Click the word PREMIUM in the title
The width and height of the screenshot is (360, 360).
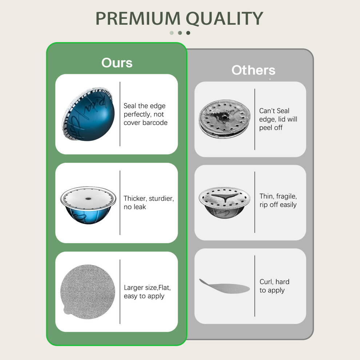click(x=138, y=19)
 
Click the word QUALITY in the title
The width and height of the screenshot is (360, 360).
click(x=224, y=19)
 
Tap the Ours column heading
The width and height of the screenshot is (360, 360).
click(x=117, y=63)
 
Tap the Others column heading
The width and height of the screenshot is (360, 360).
click(x=253, y=70)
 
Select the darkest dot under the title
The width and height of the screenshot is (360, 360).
click(x=188, y=33)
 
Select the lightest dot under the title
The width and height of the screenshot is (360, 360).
click(x=172, y=33)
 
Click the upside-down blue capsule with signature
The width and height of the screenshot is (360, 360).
click(x=88, y=114)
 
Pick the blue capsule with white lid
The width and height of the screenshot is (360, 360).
click(x=88, y=205)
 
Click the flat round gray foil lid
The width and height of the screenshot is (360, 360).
click(x=88, y=292)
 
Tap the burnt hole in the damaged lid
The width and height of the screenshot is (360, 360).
click(x=223, y=117)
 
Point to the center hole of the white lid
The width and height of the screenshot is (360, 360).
click(x=88, y=199)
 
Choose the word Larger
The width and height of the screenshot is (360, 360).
click(x=133, y=288)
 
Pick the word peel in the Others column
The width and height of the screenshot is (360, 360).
click(x=266, y=128)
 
